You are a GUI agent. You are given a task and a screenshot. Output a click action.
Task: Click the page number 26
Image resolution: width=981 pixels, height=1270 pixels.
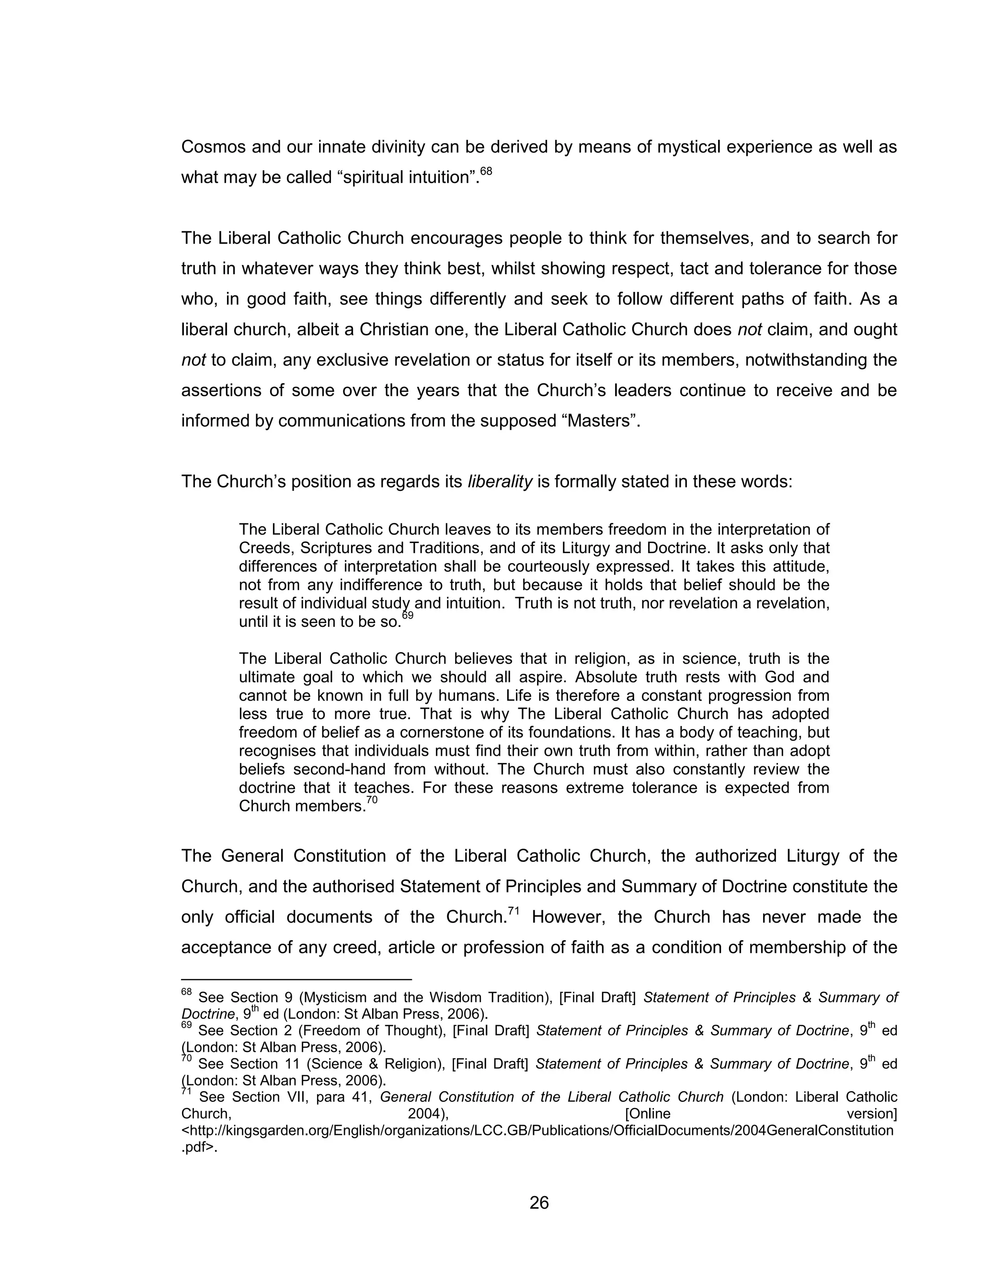[x=539, y=1202]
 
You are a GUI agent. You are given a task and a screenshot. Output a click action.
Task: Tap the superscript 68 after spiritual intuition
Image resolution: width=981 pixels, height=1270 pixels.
[x=486, y=172]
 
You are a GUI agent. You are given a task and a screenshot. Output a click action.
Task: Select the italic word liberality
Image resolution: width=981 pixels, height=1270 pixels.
[x=500, y=482]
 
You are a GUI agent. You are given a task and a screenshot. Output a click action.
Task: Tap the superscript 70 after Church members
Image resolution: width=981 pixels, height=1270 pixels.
[x=372, y=801]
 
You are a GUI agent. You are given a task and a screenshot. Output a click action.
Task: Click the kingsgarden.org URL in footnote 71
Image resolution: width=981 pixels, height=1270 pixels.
[x=537, y=1131]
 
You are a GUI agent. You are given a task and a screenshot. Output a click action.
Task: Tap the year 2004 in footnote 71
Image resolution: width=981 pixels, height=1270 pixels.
[x=427, y=1114]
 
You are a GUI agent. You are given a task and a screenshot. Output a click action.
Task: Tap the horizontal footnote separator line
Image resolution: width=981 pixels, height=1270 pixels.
[x=296, y=979]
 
